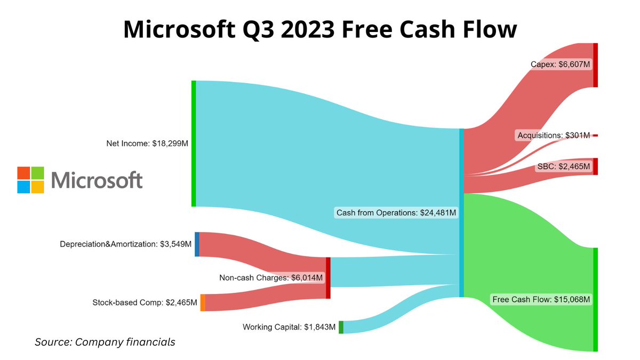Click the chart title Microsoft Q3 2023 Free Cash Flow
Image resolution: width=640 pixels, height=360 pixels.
[320, 28]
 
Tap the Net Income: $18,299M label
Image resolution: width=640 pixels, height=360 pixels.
[148, 143]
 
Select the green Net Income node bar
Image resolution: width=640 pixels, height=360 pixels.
[194, 143]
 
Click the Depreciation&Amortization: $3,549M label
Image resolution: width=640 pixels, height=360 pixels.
[125, 245]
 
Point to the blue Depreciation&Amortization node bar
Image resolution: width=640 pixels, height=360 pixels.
[197, 244]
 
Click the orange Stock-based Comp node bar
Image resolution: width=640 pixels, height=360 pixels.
[203, 302]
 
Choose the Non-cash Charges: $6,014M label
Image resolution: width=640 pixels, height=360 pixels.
[271, 277]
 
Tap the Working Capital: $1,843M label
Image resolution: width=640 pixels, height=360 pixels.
[289, 327]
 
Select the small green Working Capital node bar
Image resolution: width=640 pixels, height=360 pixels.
[341, 327]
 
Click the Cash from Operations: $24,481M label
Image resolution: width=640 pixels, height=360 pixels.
[396, 213]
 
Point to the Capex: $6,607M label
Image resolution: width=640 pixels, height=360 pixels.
[560, 65]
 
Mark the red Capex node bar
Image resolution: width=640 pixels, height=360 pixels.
[595, 65]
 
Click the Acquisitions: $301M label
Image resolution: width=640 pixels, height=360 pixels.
[554, 135]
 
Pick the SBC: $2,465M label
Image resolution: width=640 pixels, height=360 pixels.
[563, 166]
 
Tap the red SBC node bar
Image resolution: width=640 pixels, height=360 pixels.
[595, 166]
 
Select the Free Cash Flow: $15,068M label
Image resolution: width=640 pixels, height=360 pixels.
[541, 300]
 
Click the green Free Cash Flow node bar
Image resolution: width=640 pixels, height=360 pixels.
[595, 299]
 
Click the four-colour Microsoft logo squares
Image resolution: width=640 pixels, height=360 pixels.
[30, 180]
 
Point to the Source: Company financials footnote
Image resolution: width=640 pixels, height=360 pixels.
[105, 342]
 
